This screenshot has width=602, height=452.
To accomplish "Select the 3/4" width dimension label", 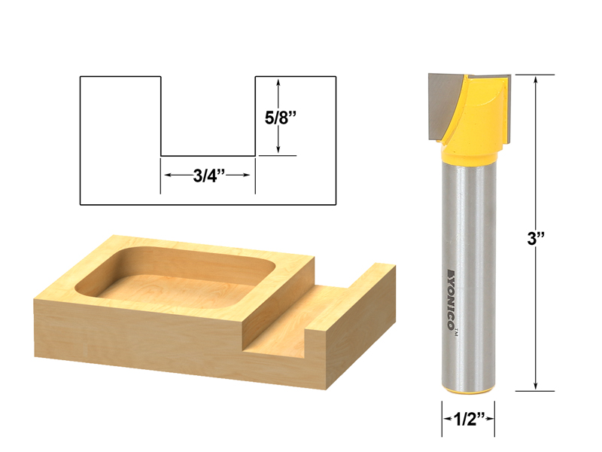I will pyautogui.click(x=207, y=175).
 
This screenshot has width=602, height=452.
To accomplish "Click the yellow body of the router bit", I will pyautogui.click(x=473, y=121).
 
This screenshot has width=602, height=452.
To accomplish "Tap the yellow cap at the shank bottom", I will pyautogui.click(x=467, y=392).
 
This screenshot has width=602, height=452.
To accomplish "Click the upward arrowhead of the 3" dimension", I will pyautogui.click(x=535, y=81).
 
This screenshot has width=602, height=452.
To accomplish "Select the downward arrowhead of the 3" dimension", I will pyautogui.click(x=535, y=385).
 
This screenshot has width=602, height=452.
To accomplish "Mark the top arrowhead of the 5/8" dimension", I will pyautogui.click(x=279, y=84).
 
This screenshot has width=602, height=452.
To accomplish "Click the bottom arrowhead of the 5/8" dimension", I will pyautogui.click(x=279, y=150).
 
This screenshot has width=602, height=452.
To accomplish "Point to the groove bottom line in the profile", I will pyautogui.click(x=208, y=156).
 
